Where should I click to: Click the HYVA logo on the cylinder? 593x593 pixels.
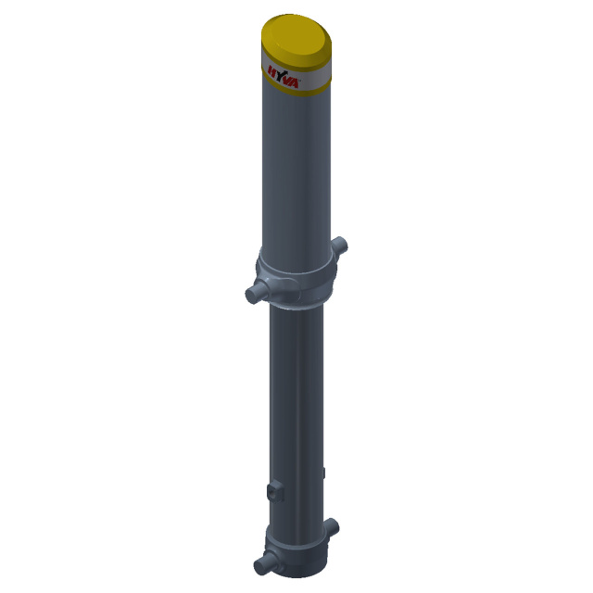(x=284, y=78)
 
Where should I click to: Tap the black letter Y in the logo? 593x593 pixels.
(x=282, y=76)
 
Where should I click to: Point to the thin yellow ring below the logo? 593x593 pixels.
(x=296, y=88)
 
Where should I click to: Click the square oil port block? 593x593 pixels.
(x=275, y=491)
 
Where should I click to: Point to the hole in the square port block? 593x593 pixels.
(x=272, y=492)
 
